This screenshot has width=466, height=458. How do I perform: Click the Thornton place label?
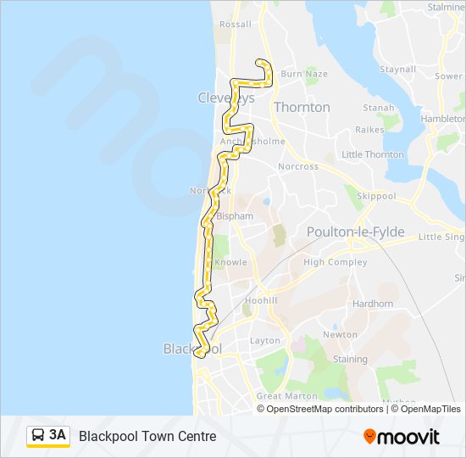[302, 108]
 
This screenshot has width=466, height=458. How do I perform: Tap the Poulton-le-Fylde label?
[355, 232]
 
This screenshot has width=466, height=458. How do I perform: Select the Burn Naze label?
[303, 74]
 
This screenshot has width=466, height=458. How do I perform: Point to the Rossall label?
[235, 25]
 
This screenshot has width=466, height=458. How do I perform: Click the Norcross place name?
[298, 166]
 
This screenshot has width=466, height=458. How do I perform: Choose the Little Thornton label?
[372, 154]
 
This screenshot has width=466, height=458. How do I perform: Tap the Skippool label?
[376, 195]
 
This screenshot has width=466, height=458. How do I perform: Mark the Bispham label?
[236, 216]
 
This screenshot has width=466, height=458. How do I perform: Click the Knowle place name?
[230, 262]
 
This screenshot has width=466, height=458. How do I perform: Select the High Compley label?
[336, 262]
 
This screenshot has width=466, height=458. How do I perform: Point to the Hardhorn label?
[373, 304]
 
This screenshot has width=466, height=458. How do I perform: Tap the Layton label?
[264, 341]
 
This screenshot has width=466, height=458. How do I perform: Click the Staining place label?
[350, 360]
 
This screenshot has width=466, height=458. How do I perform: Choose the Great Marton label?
[280, 396]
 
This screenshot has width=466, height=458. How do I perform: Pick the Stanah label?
[379, 108]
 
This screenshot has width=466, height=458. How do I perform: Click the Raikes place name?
[369, 130]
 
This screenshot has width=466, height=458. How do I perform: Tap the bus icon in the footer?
[38, 436]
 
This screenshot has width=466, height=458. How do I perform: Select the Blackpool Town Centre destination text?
[147, 436]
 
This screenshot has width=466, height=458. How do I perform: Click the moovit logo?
[402, 437]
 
